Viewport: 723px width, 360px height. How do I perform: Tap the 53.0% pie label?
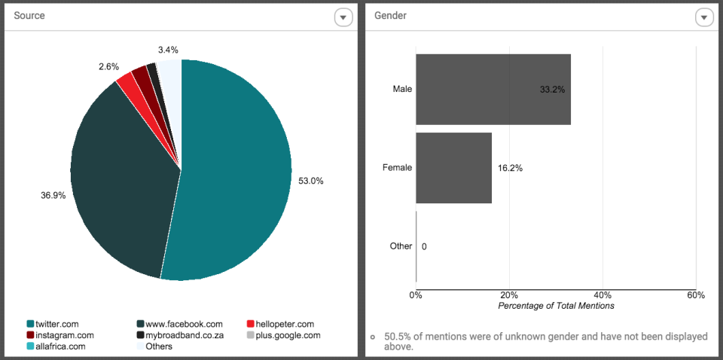click(312, 181)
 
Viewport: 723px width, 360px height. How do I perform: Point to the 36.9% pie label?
click(53, 195)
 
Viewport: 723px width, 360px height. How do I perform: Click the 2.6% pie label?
click(108, 66)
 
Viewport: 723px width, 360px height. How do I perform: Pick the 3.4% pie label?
click(168, 50)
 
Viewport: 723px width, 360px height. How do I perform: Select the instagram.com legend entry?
click(60, 335)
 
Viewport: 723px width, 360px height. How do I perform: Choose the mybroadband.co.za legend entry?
click(178, 335)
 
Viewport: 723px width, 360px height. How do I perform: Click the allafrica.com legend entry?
click(56, 346)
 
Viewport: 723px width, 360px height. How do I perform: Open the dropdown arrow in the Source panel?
click(343, 17)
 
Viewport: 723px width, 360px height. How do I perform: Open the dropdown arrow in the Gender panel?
click(703, 17)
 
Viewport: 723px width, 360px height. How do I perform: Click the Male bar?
click(493, 89)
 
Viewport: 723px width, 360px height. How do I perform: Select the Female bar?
click(453, 167)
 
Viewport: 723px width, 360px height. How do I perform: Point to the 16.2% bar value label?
click(510, 168)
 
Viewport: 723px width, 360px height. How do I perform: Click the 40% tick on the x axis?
click(602, 295)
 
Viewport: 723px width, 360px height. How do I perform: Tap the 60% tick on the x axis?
click(695, 295)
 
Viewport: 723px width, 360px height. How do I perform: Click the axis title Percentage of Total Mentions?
click(556, 306)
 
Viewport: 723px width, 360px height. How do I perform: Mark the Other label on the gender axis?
click(401, 246)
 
